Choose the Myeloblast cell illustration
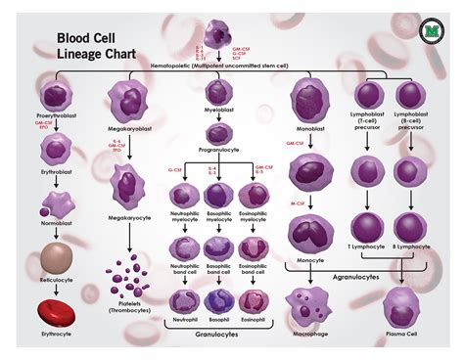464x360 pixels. point(219,94)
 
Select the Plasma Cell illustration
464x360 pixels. point(402,306)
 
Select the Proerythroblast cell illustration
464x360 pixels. point(58,97)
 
